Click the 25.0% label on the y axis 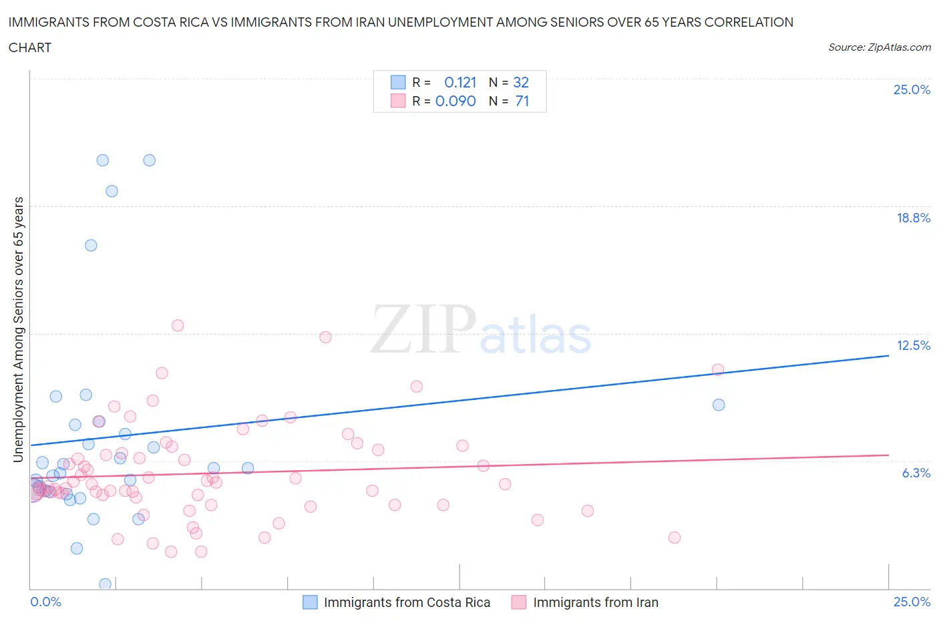pos(912,90)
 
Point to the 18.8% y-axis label pos(913,218)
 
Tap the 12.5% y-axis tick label pos(913,345)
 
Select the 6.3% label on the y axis pos(916,473)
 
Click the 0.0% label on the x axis pos(45,602)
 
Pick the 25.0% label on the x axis pos(912,602)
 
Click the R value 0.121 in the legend pos(460,82)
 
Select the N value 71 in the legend pos(522,101)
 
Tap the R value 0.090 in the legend pos(455,101)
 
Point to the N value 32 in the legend pos(521,82)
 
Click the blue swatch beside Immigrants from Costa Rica pos(310,602)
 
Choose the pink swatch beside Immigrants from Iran pos(519,602)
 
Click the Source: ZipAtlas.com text pos(879,47)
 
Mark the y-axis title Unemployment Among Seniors pos(18,329)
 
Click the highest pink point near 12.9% pos(178,326)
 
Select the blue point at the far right pos(719,405)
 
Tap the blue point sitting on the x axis pos(105,584)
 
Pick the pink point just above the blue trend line pos(718,370)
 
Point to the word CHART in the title pos(30,47)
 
